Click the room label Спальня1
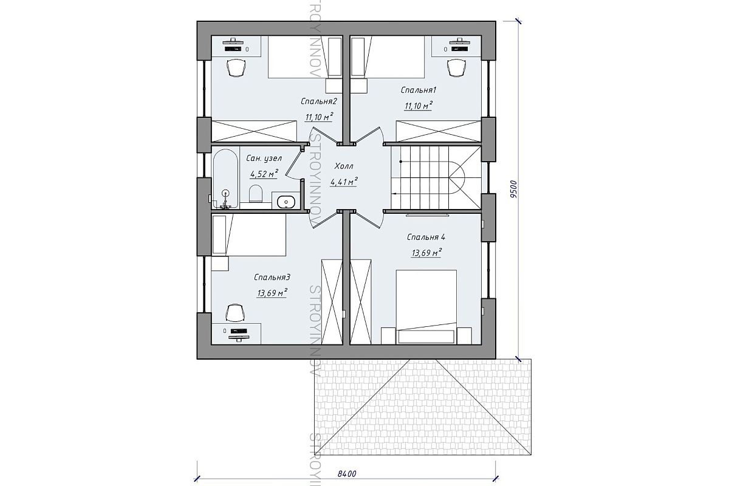[x=418, y=90]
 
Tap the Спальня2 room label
[x=318, y=101]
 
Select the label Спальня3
[x=272, y=278]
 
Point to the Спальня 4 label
[x=426, y=238]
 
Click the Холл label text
[x=344, y=166]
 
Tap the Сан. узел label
[x=264, y=159]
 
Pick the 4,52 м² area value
[x=264, y=174]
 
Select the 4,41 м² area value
[x=344, y=182]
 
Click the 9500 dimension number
[x=513, y=189]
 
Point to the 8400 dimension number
[x=347, y=474]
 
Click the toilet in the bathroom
[x=256, y=194]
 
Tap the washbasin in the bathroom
[x=286, y=202]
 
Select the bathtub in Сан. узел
[x=225, y=179]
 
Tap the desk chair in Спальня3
[x=235, y=313]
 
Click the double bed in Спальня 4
[x=426, y=307]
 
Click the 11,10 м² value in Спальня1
[x=419, y=106]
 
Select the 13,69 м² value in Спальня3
[x=272, y=293]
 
